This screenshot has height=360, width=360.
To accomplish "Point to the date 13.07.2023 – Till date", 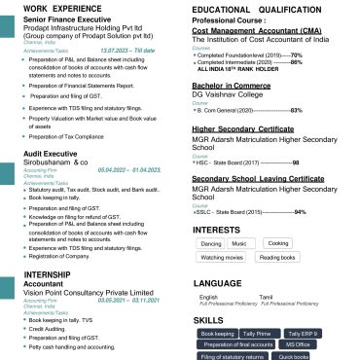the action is click(126, 49).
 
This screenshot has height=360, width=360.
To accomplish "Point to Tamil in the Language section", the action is click(267, 296).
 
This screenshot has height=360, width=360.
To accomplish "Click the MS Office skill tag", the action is click(298, 344).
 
